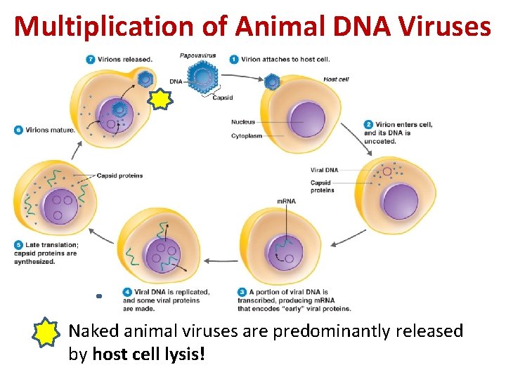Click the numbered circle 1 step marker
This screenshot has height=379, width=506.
click(234, 59)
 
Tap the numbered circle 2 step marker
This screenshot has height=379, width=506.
click(368, 124)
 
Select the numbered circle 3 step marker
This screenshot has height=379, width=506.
click(242, 291)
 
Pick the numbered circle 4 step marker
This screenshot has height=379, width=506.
click(127, 291)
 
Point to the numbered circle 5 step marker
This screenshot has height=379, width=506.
click(18, 244)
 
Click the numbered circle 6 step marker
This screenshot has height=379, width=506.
click(18, 129)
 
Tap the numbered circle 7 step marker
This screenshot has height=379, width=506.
click(90, 59)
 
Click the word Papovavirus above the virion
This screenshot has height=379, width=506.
click(197, 55)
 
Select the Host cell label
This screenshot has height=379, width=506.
click(336, 79)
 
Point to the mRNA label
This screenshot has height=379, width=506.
click(286, 201)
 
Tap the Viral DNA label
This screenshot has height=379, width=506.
click(324, 170)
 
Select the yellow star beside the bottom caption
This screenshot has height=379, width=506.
click(48, 333)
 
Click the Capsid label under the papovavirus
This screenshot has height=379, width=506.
click(222, 98)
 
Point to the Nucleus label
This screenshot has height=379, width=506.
click(243, 122)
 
